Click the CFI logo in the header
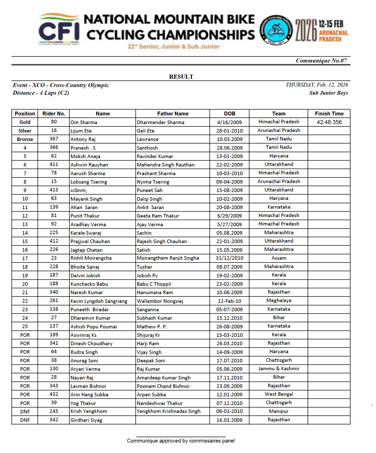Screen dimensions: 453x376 pos(59,29)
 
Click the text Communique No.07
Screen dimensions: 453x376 pos(321,61)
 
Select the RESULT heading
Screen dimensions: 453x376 pos(181,77)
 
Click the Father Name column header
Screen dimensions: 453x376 pos(173,114)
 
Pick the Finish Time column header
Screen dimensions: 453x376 pos(329,114)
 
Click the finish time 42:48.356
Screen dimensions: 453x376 pos(329,122)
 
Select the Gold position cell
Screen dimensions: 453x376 pos(25,122)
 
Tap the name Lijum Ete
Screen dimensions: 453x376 pos(81,131)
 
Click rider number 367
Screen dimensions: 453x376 pos(54,139)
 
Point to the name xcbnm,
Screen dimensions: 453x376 pos(79,190)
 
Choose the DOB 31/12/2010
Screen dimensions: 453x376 pos(229,258)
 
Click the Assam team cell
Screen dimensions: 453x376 pos(279,258)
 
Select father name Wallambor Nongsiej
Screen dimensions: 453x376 pos(160,301)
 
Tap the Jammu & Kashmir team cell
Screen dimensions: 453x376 pos(279,368)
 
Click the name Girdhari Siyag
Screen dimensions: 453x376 pos(86,420)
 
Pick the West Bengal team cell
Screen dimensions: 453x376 pos(279,394)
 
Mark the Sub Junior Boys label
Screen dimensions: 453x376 pos(328,93)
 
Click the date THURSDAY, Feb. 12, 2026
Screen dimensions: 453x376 pos(317,85)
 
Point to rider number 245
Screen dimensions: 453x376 pos(54,411)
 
